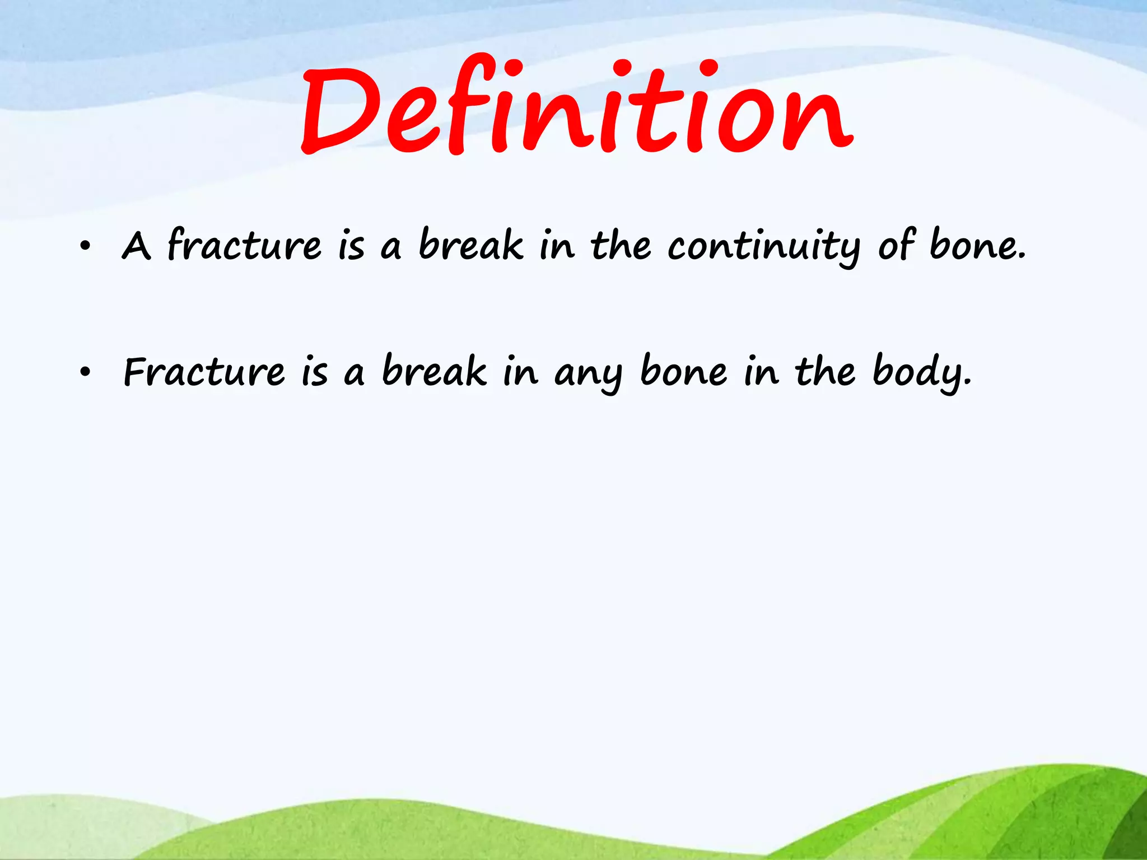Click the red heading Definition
pyautogui.click(x=577, y=106)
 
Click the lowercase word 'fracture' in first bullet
pyautogui.click(x=245, y=245)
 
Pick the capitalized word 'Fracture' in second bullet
pyautogui.click(x=204, y=371)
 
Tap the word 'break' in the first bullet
pyautogui.click(x=470, y=245)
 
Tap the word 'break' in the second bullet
pyautogui.click(x=434, y=371)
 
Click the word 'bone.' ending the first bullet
pyautogui.click(x=978, y=245)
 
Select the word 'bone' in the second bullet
pyautogui.click(x=684, y=371)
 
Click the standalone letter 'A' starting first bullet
pyautogui.click(x=136, y=246)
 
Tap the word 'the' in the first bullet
pyautogui.click(x=621, y=245)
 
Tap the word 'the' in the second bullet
pyautogui.click(x=825, y=371)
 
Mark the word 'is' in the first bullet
pyautogui.click(x=351, y=246)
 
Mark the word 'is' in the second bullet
pyautogui.click(x=315, y=372)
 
